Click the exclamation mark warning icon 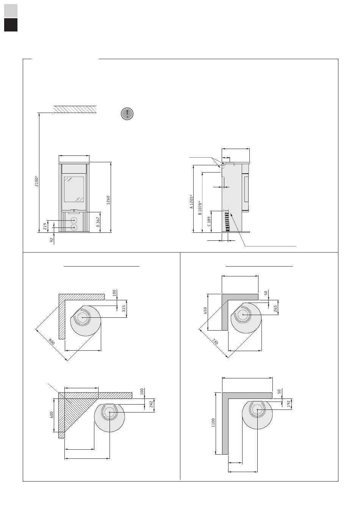(127, 114)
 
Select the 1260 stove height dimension (108, 200)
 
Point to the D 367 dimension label (98, 222)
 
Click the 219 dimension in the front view (45, 226)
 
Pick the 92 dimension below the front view (52, 240)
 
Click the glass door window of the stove (74, 189)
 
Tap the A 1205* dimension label (191, 202)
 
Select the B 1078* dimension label (200, 208)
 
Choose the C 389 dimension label (209, 221)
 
